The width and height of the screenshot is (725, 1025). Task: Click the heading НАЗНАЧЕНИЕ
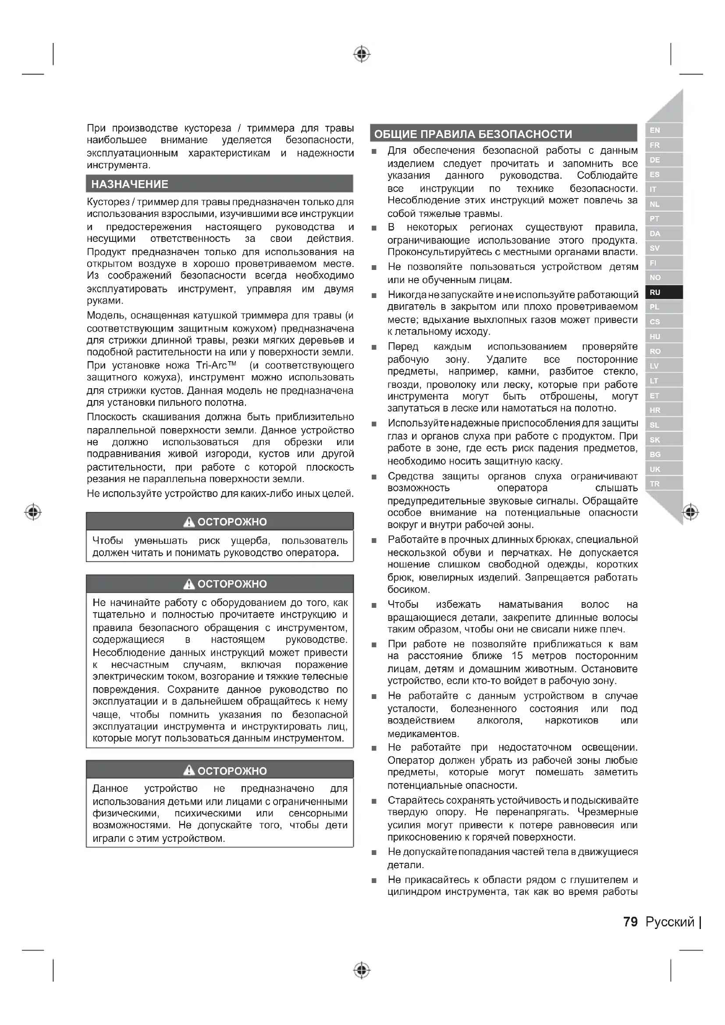(x=129, y=184)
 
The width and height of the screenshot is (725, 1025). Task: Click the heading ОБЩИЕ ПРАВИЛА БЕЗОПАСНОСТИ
(x=473, y=134)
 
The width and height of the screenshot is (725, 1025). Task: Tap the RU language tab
(x=655, y=292)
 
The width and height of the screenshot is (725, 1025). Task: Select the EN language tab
(x=655, y=130)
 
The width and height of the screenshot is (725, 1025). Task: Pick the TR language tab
(x=655, y=484)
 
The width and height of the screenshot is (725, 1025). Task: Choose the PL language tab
(x=655, y=307)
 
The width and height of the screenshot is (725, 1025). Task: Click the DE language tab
(x=655, y=160)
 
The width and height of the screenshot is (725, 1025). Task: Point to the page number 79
(x=630, y=922)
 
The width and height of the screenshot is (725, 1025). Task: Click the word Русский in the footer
(x=670, y=922)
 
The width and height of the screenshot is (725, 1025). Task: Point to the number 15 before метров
(x=517, y=656)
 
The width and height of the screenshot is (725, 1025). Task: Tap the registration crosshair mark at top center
(x=362, y=54)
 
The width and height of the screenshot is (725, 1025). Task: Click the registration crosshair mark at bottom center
(x=362, y=970)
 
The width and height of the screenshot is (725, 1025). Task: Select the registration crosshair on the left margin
(x=33, y=511)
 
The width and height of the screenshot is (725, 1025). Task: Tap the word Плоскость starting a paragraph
(x=111, y=417)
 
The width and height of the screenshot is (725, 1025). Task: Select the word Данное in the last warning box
(x=110, y=788)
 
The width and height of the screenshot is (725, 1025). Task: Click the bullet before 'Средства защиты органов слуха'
(x=374, y=477)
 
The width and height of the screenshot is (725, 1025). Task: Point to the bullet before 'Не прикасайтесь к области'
(x=374, y=880)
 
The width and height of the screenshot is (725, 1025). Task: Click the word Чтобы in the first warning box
(x=107, y=541)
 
